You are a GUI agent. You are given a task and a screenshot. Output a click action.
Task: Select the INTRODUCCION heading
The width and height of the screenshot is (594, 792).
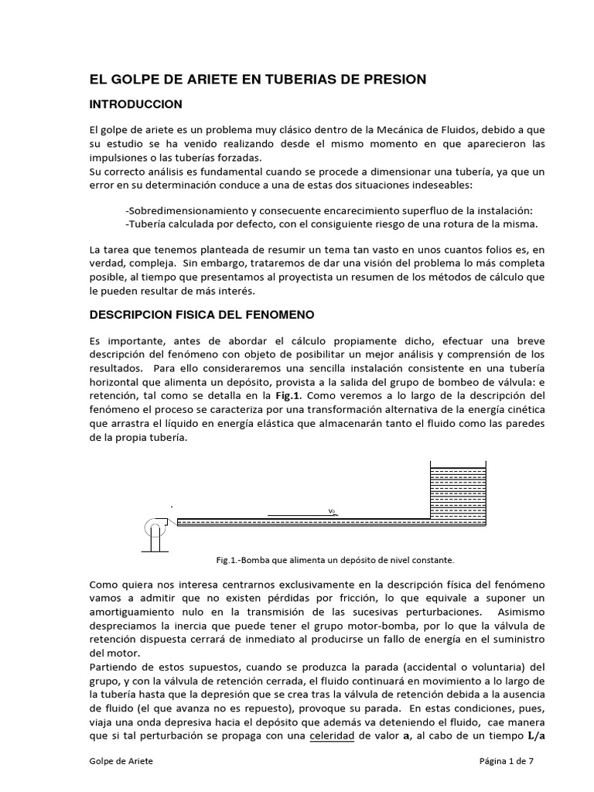(x=136, y=104)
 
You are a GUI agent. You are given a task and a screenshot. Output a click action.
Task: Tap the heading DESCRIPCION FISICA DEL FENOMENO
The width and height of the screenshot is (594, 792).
(x=202, y=315)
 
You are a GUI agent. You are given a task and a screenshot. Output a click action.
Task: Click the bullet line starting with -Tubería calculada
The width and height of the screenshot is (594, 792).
(x=330, y=224)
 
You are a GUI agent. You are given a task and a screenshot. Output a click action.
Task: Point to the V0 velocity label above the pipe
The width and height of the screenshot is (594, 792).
(x=331, y=511)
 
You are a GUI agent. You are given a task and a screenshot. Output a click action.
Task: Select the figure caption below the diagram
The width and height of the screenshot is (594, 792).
(x=335, y=558)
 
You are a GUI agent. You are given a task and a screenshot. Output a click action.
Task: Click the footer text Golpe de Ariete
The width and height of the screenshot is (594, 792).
(x=121, y=761)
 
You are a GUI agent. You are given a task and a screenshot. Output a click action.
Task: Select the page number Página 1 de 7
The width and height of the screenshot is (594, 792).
(x=507, y=761)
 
